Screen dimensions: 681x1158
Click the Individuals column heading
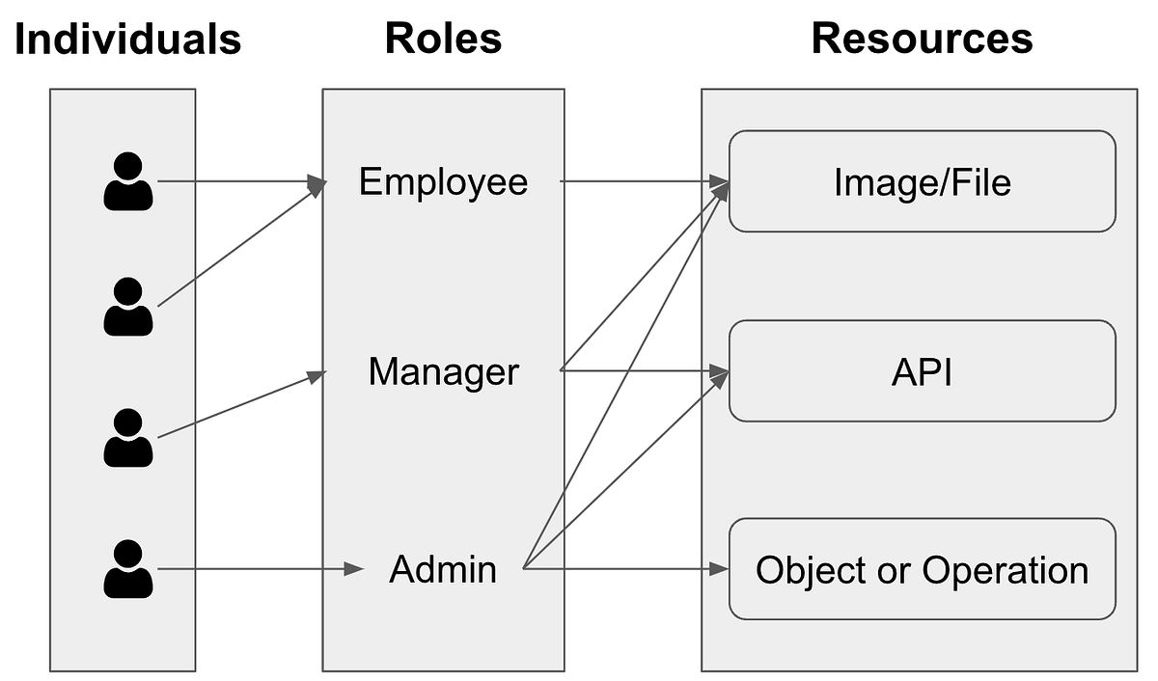pos(127,40)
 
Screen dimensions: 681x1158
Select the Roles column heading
pos(443,40)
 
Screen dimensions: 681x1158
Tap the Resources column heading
pos(922,40)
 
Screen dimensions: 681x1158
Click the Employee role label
pos(443,181)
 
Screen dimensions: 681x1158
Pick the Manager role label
pos(443,371)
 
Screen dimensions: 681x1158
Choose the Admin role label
pos(443,569)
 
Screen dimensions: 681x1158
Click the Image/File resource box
pos(922,181)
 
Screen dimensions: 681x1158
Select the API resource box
pos(922,372)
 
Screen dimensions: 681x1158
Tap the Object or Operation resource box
pos(922,569)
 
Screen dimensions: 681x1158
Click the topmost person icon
pos(127,181)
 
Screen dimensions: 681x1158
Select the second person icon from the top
pos(127,307)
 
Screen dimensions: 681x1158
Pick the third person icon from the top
pos(127,438)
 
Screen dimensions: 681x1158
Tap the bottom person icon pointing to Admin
pos(127,569)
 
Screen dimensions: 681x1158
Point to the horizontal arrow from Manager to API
pos(642,370)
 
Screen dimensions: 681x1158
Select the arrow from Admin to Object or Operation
pos(622,569)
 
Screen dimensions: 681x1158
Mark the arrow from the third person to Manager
pos(236,406)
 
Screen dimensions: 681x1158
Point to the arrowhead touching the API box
pos(719,371)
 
